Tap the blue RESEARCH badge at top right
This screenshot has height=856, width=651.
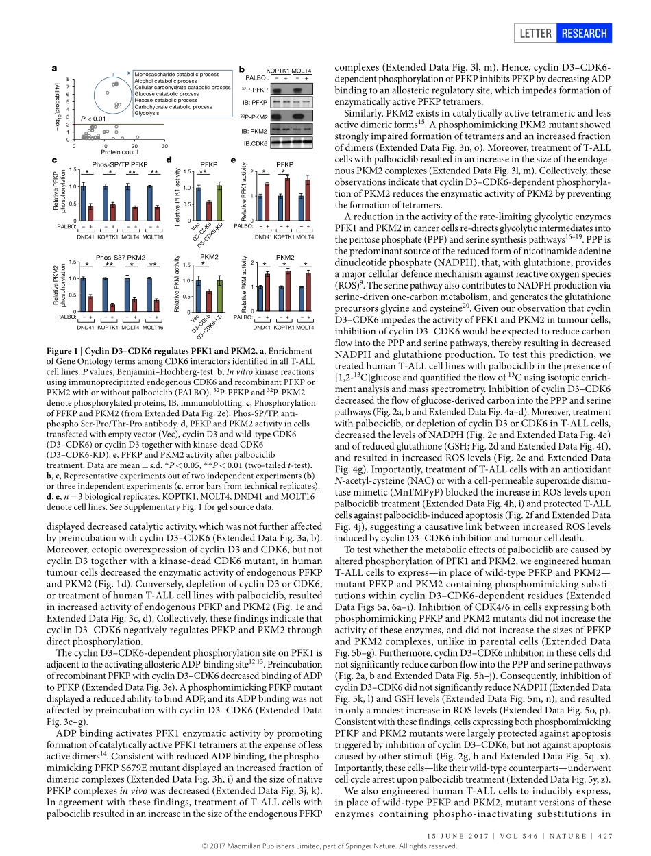(584, 34)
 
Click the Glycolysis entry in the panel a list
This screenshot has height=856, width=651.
(147, 113)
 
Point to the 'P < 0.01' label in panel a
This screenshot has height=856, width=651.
(93, 119)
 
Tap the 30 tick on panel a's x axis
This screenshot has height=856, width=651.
(164, 146)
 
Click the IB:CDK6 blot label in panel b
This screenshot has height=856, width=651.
(255, 143)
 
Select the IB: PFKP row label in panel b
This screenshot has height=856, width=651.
(255, 103)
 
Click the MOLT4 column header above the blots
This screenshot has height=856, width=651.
(302, 71)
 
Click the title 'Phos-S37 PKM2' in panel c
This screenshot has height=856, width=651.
(121, 257)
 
